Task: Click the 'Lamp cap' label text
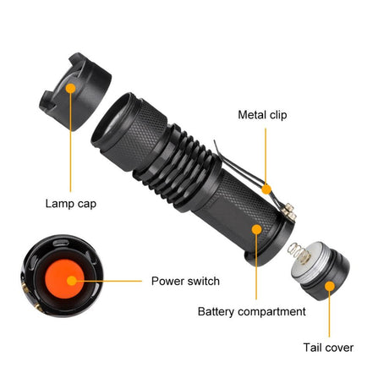coord(71,203)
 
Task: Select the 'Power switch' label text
coord(185,282)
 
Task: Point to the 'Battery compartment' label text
coord(251,311)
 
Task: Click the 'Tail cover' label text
coord(328,347)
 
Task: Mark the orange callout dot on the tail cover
coord(330,288)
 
